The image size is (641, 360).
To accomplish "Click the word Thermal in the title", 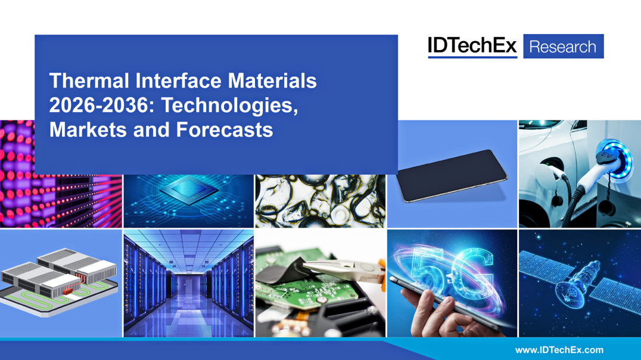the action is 89,80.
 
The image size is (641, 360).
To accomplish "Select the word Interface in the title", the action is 179,80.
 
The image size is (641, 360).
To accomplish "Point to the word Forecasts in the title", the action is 225,130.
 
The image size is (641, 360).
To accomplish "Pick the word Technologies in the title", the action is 229,105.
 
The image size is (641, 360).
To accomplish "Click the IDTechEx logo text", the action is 472,46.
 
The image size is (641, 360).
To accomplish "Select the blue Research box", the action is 564,46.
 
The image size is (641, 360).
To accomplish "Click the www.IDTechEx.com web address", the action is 559,350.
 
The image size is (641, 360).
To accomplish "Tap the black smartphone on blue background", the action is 452,175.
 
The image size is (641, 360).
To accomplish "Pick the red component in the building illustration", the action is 68,291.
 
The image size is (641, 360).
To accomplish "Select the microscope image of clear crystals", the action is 320,201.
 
